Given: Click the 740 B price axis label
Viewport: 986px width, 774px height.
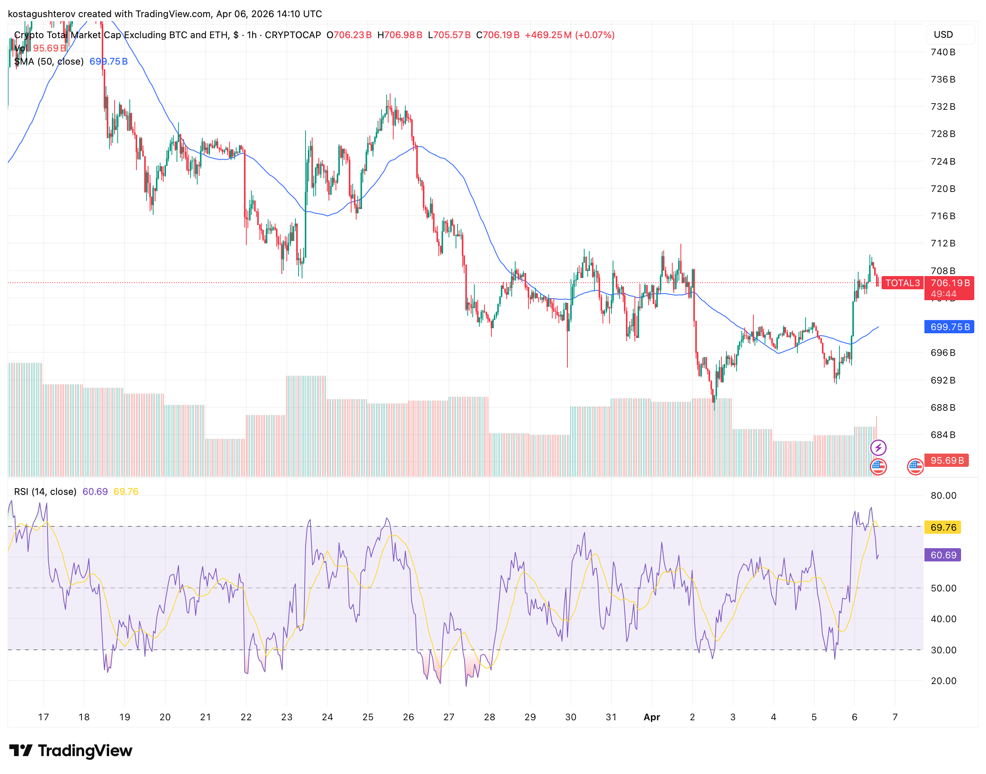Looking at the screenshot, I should pos(942,52).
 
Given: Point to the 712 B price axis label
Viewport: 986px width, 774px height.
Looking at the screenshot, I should pos(942,243).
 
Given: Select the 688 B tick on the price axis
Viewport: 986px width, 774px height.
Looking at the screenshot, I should pos(942,407).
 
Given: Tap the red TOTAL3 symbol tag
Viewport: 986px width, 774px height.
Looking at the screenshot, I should pos(902,283).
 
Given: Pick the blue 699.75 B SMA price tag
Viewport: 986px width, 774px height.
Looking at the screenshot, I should pos(949,327).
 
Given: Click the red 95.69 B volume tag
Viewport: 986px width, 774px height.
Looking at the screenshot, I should pos(947,461).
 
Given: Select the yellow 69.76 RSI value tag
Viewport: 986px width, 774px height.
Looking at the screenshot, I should pos(943,528).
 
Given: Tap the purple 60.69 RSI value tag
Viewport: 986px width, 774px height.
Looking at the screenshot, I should pos(943,555).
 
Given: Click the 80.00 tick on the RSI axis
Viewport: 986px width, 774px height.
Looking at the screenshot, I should pos(943,496).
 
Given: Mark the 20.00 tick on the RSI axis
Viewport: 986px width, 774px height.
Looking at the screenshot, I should pos(943,681).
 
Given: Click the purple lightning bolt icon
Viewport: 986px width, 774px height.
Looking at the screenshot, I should pos(878,448).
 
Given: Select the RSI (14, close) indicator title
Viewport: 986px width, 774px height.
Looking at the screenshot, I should pos(45,492).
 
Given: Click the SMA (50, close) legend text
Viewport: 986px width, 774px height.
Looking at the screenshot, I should pos(49,62).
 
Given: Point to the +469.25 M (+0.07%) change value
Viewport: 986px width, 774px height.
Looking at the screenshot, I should pos(570,35).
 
